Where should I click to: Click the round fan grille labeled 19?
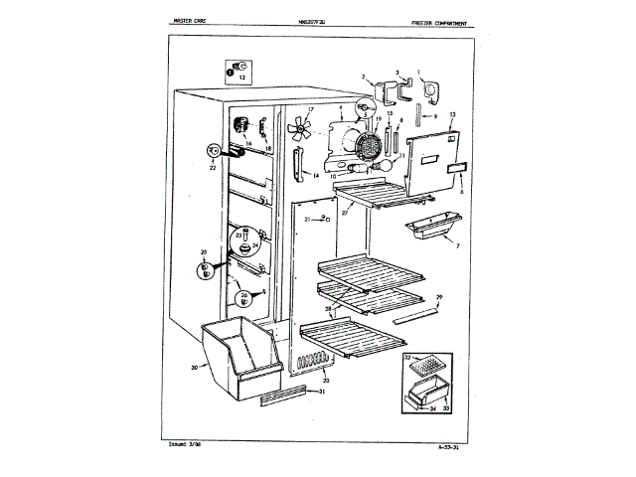point(370,147)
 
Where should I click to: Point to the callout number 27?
point(344,213)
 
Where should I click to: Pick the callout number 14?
point(316,175)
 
